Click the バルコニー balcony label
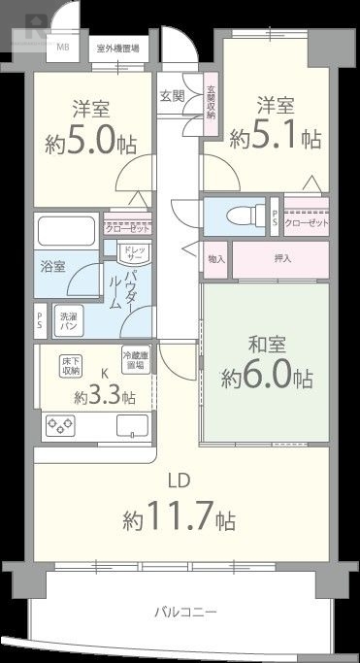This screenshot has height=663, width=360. (184, 613)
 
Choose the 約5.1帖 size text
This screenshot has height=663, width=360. (276, 137)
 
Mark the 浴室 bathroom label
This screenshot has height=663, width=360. (53, 266)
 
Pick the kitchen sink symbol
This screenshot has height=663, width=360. (130, 424)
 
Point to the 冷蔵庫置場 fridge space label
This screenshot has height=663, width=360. (136, 360)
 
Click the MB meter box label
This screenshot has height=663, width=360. (62, 47)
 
